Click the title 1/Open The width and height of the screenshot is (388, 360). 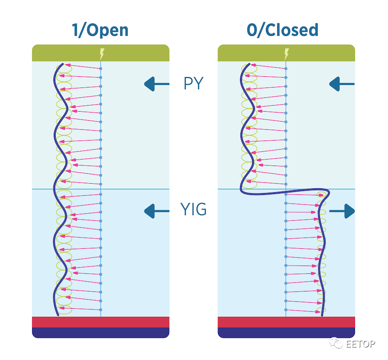pyautogui.click(x=100, y=31)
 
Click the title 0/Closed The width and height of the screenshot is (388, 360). pyautogui.click(x=282, y=30)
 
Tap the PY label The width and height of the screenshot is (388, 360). pyautogui.click(x=194, y=83)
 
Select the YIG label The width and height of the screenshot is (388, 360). pyautogui.click(x=193, y=210)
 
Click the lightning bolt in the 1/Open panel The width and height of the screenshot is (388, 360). pyautogui.click(x=102, y=54)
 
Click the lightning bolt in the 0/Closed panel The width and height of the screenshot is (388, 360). pyautogui.click(x=287, y=54)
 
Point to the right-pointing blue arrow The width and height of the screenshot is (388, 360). pyautogui.click(x=342, y=211)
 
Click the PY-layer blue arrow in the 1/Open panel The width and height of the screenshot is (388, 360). pyautogui.click(x=156, y=84)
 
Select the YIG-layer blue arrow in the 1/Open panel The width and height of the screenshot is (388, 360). pyautogui.click(x=156, y=211)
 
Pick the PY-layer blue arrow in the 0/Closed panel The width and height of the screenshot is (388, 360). pyautogui.click(x=342, y=84)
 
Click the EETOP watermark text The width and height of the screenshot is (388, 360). pyautogui.click(x=360, y=344)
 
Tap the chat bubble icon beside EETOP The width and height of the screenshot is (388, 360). pyautogui.click(x=336, y=343)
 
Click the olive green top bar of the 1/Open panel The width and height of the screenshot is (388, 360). pyautogui.click(x=101, y=53)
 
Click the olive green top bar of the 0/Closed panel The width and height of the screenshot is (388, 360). pyautogui.click(x=286, y=53)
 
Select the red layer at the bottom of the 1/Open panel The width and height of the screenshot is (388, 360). pyautogui.click(x=101, y=322)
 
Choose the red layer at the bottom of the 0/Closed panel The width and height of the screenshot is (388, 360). pyautogui.click(x=286, y=322)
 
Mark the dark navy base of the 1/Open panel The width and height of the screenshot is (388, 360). pyautogui.click(x=101, y=333)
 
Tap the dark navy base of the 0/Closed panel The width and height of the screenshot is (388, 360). pyautogui.click(x=286, y=333)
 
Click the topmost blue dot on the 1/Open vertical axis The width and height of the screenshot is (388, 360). pyautogui.click(x=101, y=69)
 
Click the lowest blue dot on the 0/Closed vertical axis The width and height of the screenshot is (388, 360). pyautogui.click(x=286, y=310)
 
